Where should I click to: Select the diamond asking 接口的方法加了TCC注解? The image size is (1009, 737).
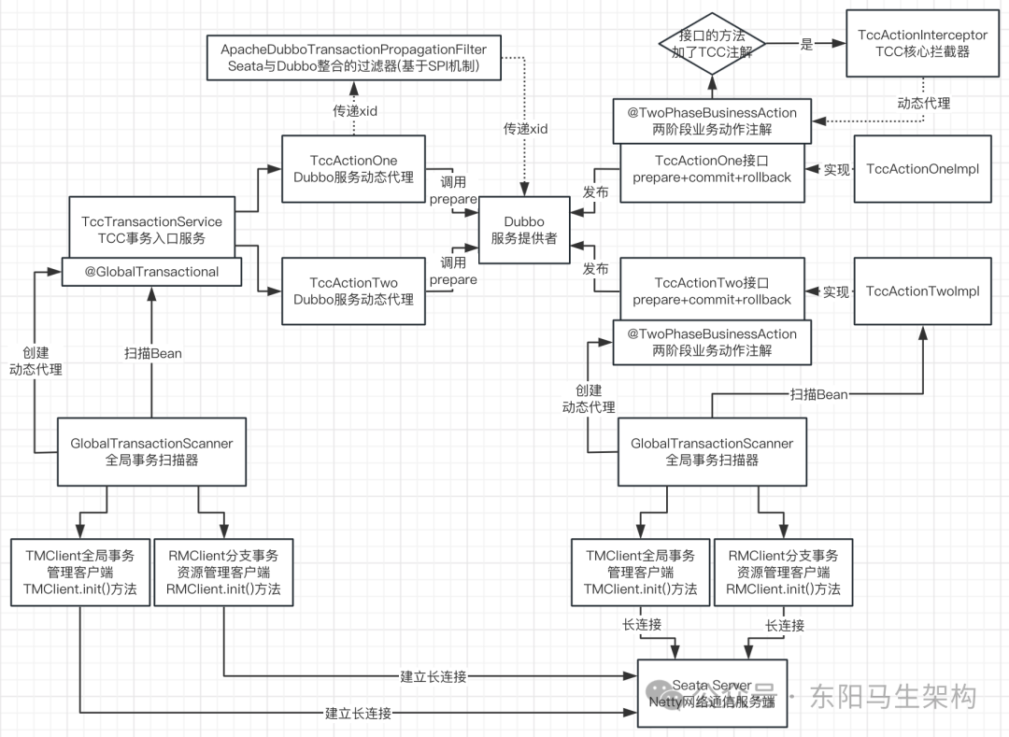(x=712, y=43)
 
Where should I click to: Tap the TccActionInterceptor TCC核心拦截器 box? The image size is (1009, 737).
(x=922, y=43)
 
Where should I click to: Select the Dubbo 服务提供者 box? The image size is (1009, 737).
(x=524, y=230)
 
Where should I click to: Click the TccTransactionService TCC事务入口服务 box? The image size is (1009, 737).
(x=151, y=229)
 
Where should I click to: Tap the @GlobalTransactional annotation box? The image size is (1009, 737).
(x=151, y=272)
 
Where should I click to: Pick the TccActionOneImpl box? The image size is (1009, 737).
(x=922, y=169)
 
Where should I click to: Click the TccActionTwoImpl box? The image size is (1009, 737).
(x=922, y=291)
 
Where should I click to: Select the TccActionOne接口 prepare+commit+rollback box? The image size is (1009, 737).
(x=712, y=169)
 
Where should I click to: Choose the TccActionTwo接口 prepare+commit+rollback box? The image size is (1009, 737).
(x=712, y=291)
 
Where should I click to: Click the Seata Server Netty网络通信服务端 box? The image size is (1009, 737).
(x=712, y=693)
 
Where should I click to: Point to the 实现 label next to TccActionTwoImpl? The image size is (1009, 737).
(x=836, y=292)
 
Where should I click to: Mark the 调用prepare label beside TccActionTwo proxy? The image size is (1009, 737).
(x=453, y=271)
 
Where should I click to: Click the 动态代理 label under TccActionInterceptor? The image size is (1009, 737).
(x=923, y=104)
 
